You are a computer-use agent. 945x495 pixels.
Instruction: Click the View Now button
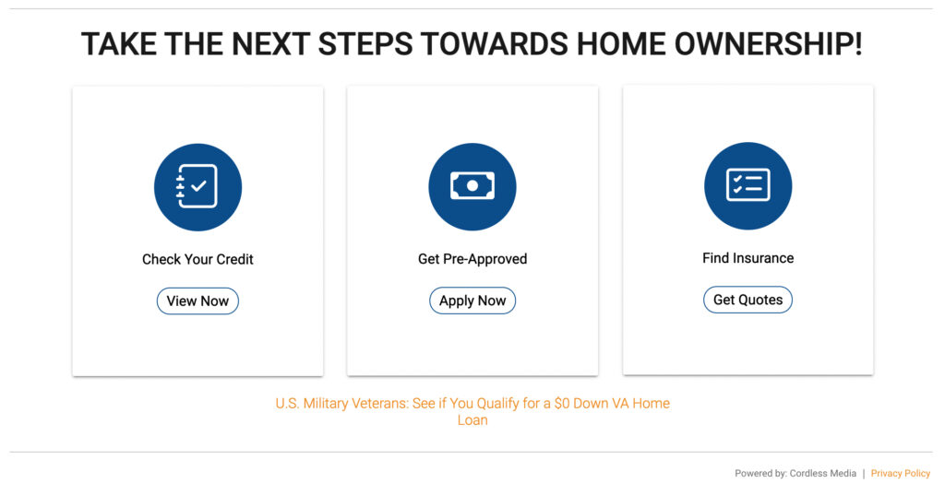tap(197, 301)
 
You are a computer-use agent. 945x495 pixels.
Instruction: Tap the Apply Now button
tap(472, 301)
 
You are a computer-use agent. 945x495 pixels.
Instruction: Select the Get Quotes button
tap(748, 300)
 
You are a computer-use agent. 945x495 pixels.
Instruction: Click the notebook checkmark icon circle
tap(197, 187)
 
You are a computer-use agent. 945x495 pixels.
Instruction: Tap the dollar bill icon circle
tap(472, 187)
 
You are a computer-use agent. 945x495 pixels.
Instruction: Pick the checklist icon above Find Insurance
tap(748, 186)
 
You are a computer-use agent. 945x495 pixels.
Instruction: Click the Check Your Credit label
tap(197, 259)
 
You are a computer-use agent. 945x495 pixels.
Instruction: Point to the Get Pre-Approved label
tap(472, 259)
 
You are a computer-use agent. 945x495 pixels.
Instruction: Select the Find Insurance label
tap(748, 258)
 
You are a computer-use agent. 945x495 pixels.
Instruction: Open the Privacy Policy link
tap(900, 473)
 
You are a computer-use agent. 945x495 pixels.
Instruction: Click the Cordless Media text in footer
tap(823, 473)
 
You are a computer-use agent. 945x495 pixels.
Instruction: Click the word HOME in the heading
tap(619, 44)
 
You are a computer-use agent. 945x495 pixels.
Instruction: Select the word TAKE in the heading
tap(119, 44)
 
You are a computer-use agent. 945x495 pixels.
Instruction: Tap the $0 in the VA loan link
tap(562, 404)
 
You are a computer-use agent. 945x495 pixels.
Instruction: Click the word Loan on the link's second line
tap(472, 420)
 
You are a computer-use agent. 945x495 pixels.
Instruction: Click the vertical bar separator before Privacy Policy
tap(864, 473)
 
